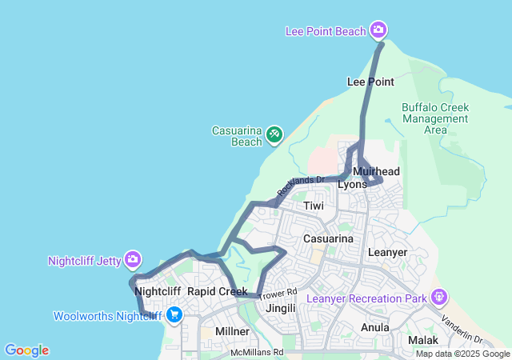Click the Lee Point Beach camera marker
[x=378, y=31]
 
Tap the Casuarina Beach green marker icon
[x=274, y=134]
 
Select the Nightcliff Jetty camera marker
[x=133, y=259]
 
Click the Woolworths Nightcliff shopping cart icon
[x=174, y=315]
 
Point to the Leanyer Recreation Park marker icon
[x=438, y=298]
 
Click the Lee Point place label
[x=370, y=82]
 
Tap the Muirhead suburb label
[x=376, y=171]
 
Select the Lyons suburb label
[x=352, y=184]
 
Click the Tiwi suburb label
[x=314, y=206]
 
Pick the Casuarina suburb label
[x=328, y=238]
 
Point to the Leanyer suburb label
[x=387, y=252]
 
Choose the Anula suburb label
[x=375, y=327]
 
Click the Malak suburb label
[x=423, y=340]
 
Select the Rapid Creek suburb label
[x=217, y=291]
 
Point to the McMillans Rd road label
[x=256, y=351]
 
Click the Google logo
[x=26, y=350]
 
